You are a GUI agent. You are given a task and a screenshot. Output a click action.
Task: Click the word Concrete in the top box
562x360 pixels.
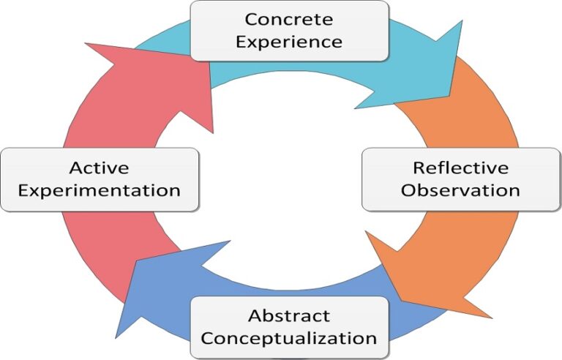click(x=289, y=19)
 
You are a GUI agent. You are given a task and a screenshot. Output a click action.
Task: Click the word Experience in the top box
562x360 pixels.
click(x=289, y=42)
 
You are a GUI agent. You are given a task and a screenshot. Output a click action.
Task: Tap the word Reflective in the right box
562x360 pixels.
click(x=460, y=168)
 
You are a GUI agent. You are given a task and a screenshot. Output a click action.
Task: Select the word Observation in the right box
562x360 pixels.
click(x=460, y=190)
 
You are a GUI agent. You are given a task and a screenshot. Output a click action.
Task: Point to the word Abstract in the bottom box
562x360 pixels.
click(x=289, y=316)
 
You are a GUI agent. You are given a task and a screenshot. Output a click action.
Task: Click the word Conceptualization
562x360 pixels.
click(x=289, y=338)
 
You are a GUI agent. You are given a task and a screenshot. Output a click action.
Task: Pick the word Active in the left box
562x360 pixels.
click(x=99, y=168)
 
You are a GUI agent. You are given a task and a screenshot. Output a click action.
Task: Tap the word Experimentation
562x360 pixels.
click(x=99, y=190)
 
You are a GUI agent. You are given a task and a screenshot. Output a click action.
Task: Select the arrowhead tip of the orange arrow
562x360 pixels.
click(x=489, y=317)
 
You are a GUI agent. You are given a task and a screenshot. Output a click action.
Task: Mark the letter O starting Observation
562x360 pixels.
click(x=408, y=190)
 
